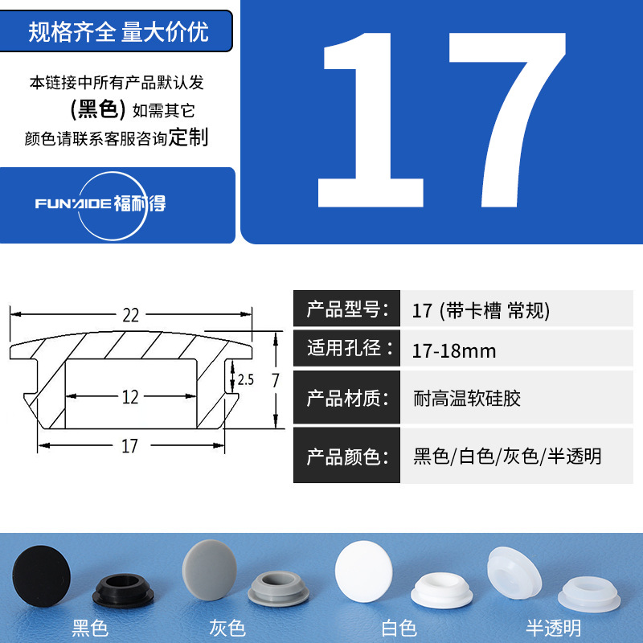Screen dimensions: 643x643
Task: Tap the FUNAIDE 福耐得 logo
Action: (100, 203)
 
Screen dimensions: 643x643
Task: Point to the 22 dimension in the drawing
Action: (130, 315)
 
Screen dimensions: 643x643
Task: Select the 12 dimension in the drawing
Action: (130, 396)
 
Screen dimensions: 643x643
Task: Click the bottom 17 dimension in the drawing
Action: (130, 446)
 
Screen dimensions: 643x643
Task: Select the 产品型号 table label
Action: (346, 309)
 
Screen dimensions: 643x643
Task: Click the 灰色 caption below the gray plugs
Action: (226, 628)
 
